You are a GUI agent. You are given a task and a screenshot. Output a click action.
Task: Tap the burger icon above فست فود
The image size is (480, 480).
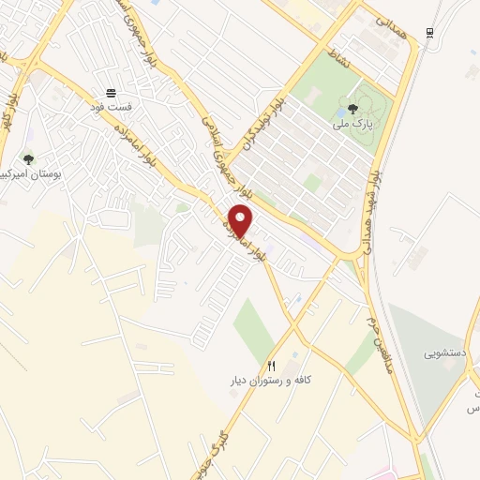pyautogui.click(x=112, y=92)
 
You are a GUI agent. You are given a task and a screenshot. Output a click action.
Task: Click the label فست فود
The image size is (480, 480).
pyautogui.click(x=112, y=107)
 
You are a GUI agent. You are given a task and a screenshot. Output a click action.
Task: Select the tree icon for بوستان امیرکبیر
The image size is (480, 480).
pyautogui.click(x=28, y=159)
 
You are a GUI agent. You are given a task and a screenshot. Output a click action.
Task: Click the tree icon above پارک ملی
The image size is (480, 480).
pyautogui.click(x=352, y=109)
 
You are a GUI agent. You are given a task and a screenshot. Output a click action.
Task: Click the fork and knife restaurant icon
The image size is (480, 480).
pyautogui.click(x=272, y=366)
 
